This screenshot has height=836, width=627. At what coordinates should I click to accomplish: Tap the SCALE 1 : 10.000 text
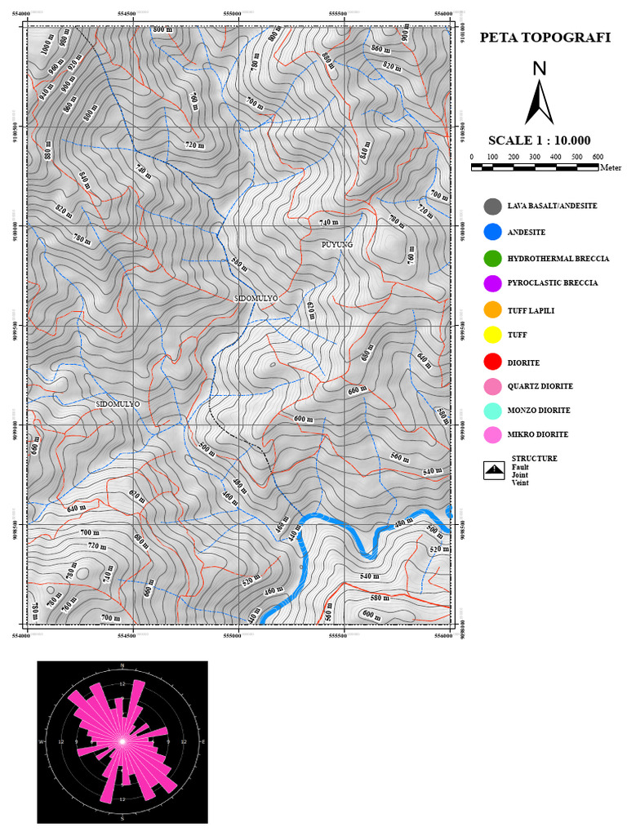539,140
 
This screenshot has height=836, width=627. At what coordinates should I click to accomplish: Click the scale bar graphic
535,167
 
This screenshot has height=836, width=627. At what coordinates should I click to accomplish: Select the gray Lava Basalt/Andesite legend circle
491,207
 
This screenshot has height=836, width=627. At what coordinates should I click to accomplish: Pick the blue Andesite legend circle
491,233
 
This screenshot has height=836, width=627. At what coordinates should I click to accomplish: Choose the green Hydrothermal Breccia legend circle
491,259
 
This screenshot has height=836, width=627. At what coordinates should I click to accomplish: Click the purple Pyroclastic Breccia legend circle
491,283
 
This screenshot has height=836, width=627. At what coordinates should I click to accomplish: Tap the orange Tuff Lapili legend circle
491,310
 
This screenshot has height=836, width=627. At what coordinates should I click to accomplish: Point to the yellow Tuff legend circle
491,335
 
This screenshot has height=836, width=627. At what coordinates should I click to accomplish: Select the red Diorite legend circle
491,362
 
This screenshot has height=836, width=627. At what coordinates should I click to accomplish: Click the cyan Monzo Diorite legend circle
491,411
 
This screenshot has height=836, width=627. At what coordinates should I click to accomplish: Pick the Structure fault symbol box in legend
494,470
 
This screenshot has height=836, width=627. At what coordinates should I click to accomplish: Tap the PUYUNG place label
337,244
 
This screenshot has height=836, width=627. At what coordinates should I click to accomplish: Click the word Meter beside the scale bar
610,168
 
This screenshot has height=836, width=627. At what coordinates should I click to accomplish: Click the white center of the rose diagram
122,741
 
